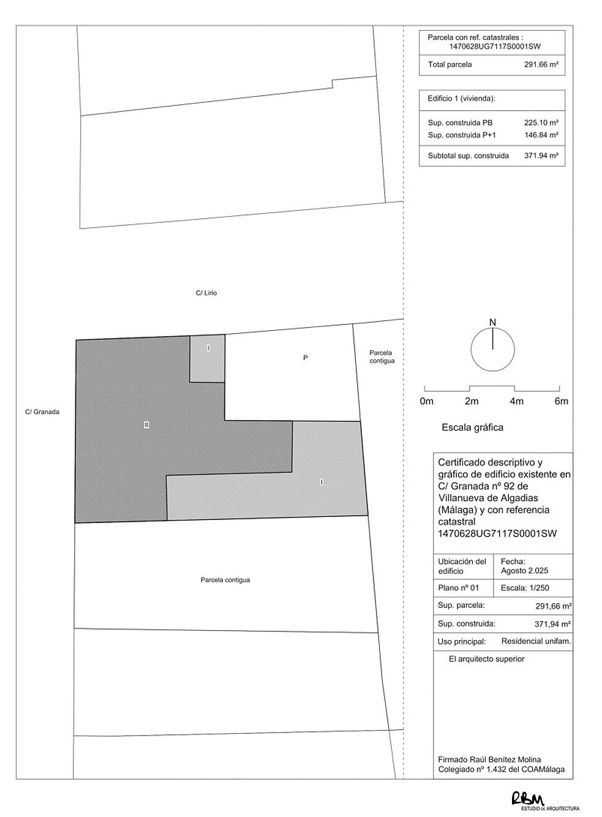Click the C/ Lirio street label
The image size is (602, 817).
(206, 293)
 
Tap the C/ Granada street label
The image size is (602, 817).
(42, 412)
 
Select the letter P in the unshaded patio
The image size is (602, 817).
(305, 358)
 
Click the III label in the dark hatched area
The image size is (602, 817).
(146, 425)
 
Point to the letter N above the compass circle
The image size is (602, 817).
(492, 323)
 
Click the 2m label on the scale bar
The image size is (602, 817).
(471, 402)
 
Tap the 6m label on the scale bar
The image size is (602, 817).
(561, 402)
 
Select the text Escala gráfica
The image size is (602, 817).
(472, 427)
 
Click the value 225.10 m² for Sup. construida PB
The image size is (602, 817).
(541, 122)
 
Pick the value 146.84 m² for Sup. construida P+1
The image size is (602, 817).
(541, 135)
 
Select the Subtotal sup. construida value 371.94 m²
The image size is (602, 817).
(541, 156)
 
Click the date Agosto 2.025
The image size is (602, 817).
(524, 571)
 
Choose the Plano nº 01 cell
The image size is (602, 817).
(458, 588)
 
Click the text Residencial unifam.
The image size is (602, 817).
(536, 641)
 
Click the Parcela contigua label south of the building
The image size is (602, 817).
(225, 580)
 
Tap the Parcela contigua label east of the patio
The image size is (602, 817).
(382, 357)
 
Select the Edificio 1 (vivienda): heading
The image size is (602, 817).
(461, 99)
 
